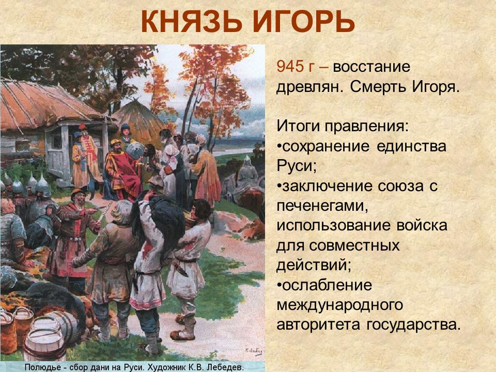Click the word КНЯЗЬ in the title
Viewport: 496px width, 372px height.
(x=192, y=22)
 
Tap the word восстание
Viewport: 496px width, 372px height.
(x=371, y=67)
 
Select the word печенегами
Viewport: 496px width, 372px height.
(x=322, y=206)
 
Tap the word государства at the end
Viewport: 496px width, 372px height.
(x=413, y=325)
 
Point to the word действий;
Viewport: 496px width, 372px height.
(x=314, y=265)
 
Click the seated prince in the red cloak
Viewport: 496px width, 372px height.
(x=123, y=171)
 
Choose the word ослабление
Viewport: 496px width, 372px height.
(x=324, y=285)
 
